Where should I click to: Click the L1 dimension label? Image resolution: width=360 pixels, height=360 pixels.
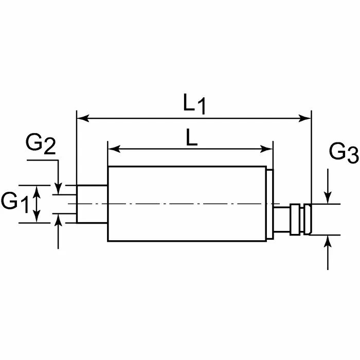194,104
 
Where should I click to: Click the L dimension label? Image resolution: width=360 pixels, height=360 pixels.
191,138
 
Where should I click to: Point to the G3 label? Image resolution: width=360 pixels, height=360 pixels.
343,153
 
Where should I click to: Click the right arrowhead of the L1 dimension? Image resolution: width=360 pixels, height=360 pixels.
308,119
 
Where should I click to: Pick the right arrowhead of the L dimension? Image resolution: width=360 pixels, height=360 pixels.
268,150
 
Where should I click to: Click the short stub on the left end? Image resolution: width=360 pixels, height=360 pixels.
92,204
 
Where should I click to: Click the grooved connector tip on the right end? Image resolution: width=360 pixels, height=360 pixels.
300,220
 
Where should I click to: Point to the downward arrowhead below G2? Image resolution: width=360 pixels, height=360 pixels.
59,190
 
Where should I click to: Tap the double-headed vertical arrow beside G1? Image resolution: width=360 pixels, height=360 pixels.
37,204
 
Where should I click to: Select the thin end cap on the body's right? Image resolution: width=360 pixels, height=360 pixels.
270,204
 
